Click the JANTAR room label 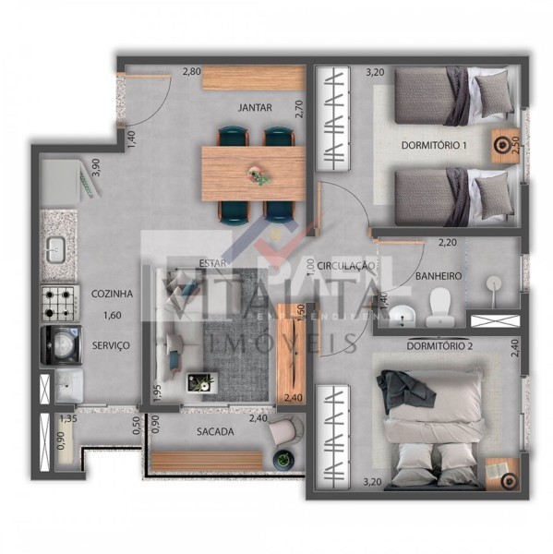coord(255,108)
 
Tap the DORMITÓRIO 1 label coord(434,146)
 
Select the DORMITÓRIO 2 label coord(439,346)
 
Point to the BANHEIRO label coord(438,276)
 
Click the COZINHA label coord(112,294)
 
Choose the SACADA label coord(215,431)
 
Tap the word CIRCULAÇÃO coord(346,266)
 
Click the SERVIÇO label coord(110,344)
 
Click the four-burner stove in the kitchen coord(57,301)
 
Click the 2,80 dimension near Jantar coord(191,71)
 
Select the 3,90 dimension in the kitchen coord(93,170)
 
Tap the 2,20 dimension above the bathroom coord(447,243)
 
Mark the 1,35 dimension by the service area coord(67,419)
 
